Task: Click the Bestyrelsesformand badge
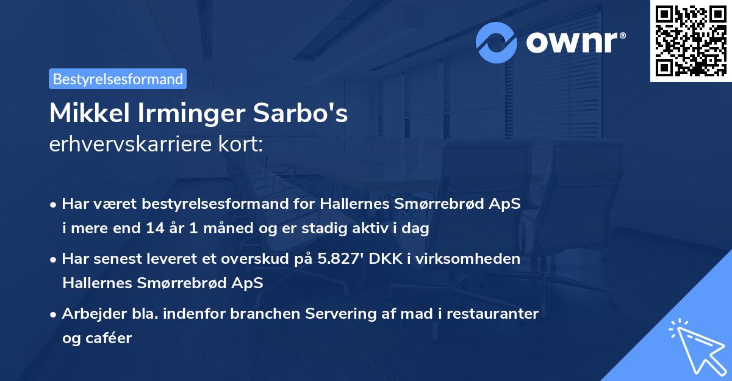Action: coord(118,79)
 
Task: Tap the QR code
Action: coord(691,40)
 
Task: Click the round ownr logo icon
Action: coord(497,42)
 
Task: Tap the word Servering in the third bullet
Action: coord(353,314)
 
